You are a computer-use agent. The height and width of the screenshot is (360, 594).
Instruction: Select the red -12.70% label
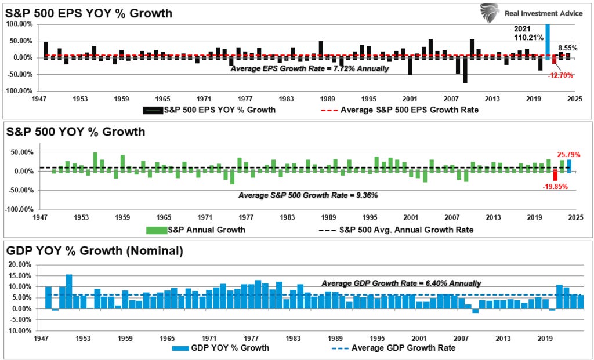click(x=560, y=75)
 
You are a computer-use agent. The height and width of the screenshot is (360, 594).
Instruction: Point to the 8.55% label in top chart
click(x=567, y=48)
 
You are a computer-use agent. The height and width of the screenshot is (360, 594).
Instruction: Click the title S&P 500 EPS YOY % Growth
click(x=89, y=13)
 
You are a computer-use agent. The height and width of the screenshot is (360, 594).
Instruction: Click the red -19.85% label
click(x=556, y=187)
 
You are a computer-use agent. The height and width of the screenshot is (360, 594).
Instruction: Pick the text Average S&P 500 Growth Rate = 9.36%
click(x=308, y=195)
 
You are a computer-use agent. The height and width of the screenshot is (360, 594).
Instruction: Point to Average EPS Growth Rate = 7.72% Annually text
click(x=309, y=68)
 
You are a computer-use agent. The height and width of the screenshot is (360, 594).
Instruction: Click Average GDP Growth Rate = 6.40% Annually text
click(x=401, y=283)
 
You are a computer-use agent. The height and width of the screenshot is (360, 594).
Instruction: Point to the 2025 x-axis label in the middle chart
click(x=575, y=217)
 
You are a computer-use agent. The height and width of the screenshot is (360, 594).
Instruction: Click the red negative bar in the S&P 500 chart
click(x=555, y=175)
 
